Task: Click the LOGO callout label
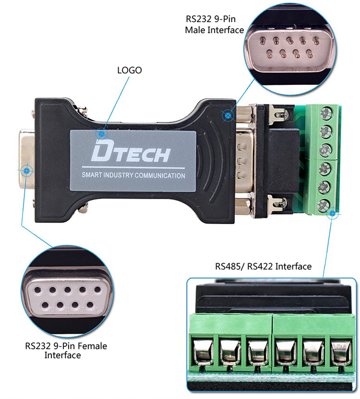pos(129,70)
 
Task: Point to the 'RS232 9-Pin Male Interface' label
pos(214,24)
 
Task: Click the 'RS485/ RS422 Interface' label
pos(263,266)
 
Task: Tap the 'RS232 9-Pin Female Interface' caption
pos(66,350)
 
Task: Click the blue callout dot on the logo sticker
pos(102,133)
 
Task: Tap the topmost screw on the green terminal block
pos(326,113)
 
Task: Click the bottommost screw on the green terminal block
pos(324,205)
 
